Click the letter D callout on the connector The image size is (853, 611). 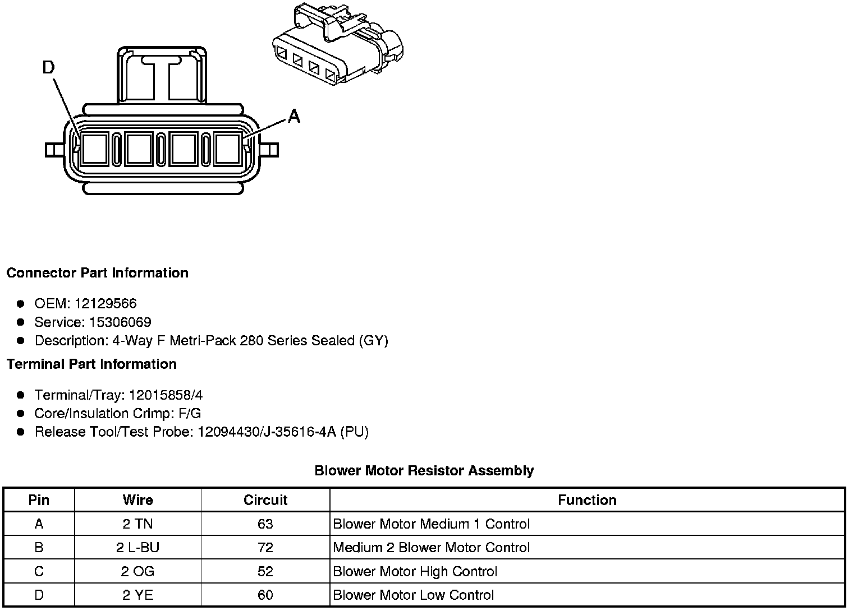click(49, 68)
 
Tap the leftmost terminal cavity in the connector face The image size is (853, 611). click(94, 149)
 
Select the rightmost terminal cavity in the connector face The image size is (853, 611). click(228, 149)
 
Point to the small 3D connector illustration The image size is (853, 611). click(337, 44)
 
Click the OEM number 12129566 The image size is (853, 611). click(105, 304)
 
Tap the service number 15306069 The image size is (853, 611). click(120, 322)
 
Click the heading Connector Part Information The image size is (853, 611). click(97, 273)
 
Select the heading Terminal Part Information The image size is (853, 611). click(91, 364)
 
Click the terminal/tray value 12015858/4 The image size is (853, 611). click(166, 395)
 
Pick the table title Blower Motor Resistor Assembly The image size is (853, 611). click(424, 471)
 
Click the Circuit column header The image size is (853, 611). click(265, 500)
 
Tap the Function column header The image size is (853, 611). click(587, 500)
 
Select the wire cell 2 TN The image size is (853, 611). click(137, 524)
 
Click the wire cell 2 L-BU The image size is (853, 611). click(137, 548)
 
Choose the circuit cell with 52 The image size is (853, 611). click(265, 572)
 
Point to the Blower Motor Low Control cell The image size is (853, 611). click(413, 595)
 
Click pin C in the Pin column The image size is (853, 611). click(39, 572)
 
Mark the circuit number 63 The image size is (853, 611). click(265, 524)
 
